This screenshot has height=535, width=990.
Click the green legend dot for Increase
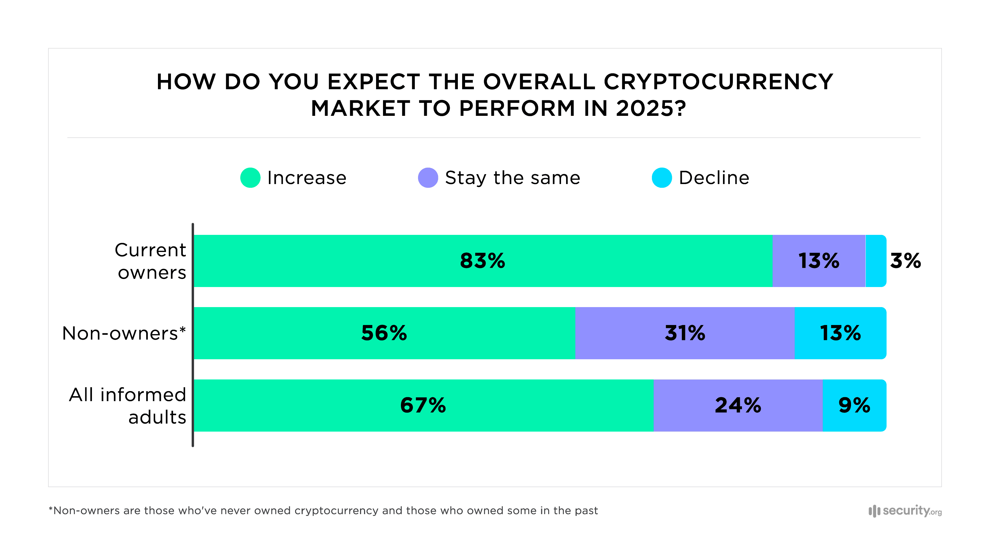click(250, 178)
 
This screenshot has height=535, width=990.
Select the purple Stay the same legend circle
click(428, 178)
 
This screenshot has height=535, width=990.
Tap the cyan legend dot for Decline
click(662, 178)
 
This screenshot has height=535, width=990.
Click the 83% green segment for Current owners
click(482, 261)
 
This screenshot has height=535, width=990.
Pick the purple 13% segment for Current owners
click(819, 261)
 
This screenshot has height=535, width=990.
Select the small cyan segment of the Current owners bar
click(876, 261)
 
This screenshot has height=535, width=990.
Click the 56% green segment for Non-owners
click(384, 333)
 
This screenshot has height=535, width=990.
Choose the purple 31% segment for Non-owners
click(685, 333)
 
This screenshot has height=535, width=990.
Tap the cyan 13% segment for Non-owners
click(840, 333)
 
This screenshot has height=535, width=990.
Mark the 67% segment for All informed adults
click(423, 405)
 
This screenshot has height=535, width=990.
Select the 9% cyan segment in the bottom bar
click(854, 405)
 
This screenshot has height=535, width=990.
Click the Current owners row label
click(151, 261)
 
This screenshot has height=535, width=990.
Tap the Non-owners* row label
click(124, 333)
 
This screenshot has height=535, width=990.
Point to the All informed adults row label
click(127, 406)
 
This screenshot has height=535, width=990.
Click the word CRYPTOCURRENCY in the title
click(718, 82)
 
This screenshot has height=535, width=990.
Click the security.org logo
click(905, 511)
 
